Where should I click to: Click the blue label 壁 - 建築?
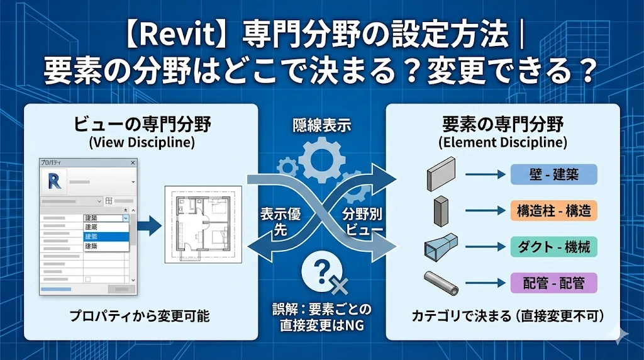point(553,174)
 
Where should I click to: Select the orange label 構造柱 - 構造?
point(553,210)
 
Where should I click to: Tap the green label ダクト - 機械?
point(553,246)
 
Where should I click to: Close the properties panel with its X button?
point(133,162)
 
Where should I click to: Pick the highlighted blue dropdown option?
point(106,237)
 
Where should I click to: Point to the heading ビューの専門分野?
point(142,123)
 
